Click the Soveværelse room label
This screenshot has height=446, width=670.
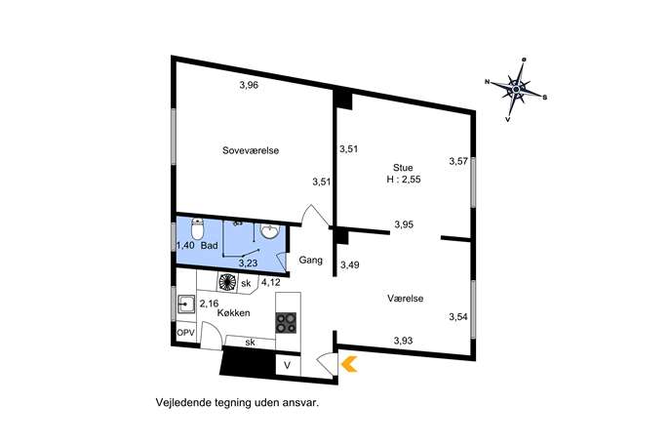(251, 150)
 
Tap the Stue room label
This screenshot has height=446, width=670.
(403, 168)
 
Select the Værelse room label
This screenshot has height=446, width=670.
(405, 298)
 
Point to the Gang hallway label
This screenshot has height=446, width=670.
(311, 260)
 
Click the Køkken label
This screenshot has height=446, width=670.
(233, 312)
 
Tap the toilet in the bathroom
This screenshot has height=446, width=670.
(197, 228)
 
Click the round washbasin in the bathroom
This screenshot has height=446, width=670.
(270, 231)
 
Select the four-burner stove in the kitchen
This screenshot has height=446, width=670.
(287, 323)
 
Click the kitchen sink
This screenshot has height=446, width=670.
(185, 304)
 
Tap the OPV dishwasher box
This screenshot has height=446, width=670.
(185, 333)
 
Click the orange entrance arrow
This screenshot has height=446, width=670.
(349, 364)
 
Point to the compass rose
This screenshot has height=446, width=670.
(516, 89)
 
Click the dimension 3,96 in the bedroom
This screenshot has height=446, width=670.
(249, 85)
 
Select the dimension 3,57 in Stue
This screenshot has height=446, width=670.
(458, 161)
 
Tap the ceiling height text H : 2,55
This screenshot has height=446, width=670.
(404, 180)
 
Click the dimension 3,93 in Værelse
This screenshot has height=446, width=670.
(404, 341)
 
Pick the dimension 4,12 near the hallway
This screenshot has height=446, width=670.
(271, 282)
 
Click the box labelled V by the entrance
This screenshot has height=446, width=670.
(288, 366)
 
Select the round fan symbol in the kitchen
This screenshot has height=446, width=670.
(227, 282)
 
